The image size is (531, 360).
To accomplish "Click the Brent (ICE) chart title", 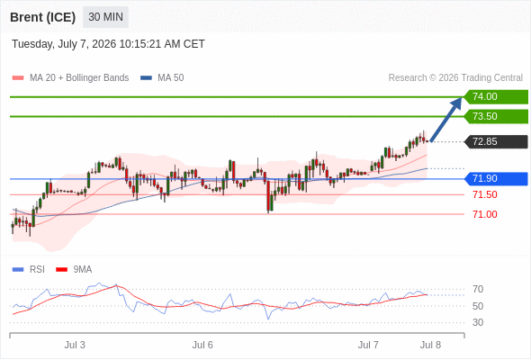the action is [42, 17].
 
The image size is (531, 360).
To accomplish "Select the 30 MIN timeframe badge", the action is [105, 16].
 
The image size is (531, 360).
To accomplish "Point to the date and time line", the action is [108, 44].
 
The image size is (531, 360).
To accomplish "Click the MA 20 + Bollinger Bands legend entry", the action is [70, 78].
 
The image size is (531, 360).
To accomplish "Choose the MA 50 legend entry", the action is [162, 78].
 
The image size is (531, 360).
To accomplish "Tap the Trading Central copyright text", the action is [455, 78].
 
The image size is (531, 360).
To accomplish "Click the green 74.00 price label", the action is [496, 97].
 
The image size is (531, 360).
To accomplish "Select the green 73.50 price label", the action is [496, 116].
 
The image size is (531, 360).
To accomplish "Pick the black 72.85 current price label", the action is [496, 141].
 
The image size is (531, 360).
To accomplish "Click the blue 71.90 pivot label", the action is [496, 179].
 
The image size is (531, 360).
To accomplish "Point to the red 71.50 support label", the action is [485, 194].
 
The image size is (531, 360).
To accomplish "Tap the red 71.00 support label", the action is [485, 214].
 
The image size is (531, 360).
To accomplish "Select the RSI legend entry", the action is [29, 270].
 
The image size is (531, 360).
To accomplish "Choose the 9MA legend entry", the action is [74, 270].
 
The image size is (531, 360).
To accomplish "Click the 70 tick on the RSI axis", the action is [478, 289].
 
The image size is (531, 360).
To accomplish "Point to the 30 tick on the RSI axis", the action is [478, 322].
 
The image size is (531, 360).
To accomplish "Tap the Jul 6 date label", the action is [202, 345].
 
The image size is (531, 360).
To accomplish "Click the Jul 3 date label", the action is [75, 345].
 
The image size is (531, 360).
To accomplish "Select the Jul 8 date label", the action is [430, 345].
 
